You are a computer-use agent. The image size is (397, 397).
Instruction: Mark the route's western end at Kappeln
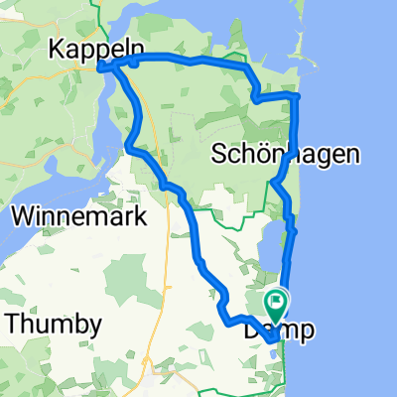coord(102,67)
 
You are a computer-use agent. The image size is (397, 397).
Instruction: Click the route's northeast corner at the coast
coord(296,95)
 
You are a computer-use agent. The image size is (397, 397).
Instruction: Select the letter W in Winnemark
coord(22,216)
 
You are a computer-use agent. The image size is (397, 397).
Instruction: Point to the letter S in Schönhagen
coord(220,155)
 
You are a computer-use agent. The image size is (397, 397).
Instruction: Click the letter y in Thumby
coord(93,327)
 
